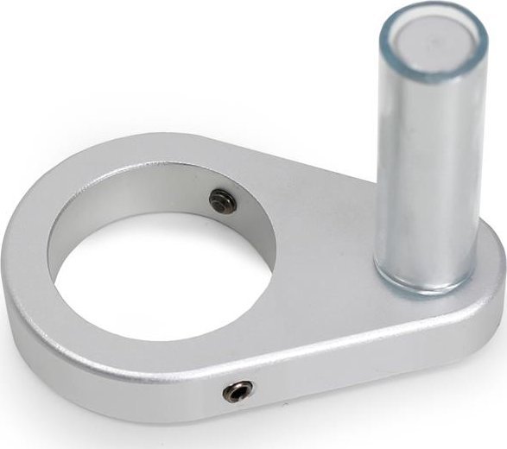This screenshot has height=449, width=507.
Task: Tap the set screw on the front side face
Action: (238, 391)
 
